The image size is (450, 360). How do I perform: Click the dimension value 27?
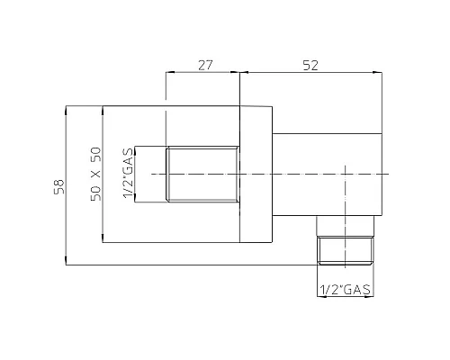click(x=202, y=65)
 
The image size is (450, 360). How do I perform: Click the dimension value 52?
click(x=310, y=65)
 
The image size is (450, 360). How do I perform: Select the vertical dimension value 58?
click(x=59, y=186)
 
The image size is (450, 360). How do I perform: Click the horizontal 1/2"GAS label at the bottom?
click(x=346, y=290)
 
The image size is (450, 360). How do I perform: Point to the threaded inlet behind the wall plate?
click(x=202, y=173)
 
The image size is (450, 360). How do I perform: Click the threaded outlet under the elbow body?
click(x=346, y=248)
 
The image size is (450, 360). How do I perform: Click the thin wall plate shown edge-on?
click(x=256, y=173)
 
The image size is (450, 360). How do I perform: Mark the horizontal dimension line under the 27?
click(x=202, y=76)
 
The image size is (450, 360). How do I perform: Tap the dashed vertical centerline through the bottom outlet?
click(x=346, y=207)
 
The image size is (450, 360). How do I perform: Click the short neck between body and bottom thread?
click(x=346, y=229)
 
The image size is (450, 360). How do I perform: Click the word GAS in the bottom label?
click(x=357, y=290)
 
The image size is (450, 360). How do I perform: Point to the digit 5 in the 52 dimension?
click(x=305, y=65)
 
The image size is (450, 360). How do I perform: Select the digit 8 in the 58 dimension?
click(x=59, y=182)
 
